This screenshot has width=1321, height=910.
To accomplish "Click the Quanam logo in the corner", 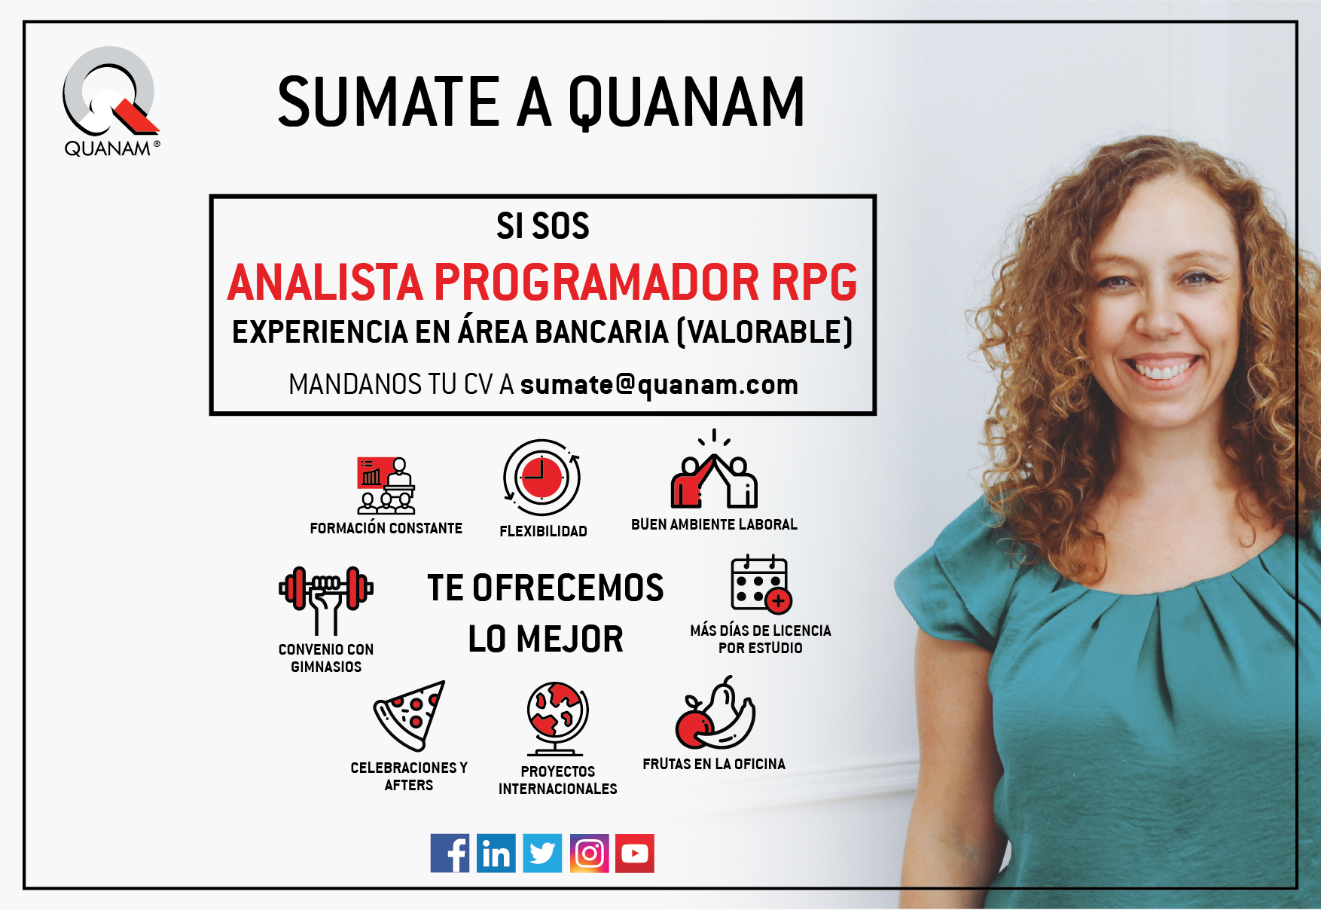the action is (x=111, y=102).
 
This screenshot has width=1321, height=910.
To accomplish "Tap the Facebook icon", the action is (x=450, y=853).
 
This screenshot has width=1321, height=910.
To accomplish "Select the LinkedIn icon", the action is (x=496, y=853).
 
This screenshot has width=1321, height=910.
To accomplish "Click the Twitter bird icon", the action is (x=542, y=853).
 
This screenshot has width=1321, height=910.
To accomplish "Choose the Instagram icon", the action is (x=589, y=853).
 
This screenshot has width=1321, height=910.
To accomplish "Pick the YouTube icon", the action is (x=635, y=853).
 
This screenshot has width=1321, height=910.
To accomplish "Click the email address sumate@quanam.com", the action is (x=659, y=385).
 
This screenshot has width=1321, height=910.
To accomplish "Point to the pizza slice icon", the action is (x=410, y=715).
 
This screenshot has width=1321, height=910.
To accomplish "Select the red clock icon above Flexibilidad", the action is (x=542, y=478).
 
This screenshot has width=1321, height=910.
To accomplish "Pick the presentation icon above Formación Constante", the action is (x=386, y=485).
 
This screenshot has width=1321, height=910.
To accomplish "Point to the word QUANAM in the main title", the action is (x=686, y=102).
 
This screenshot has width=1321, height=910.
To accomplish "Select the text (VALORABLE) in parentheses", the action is (x=765, y=332).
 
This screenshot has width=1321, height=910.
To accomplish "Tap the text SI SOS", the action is (x=543, y=226).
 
